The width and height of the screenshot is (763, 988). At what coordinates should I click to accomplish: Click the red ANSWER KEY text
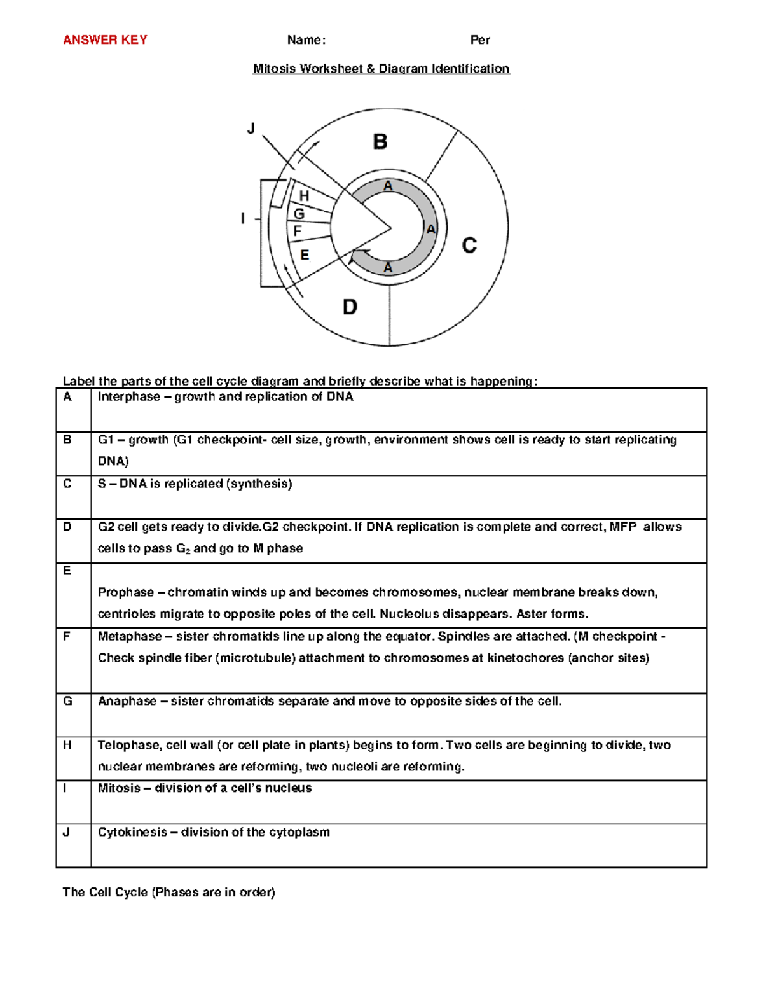click(x=105, y=40)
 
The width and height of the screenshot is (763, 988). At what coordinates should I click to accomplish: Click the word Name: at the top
click(x=306, y=40)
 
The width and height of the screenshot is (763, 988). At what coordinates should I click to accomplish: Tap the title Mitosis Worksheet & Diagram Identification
click(x=381, y=69)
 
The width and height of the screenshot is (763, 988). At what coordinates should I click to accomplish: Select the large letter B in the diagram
click(x=380, y=141)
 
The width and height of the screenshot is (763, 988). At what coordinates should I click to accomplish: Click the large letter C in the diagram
click(x=469, y=246)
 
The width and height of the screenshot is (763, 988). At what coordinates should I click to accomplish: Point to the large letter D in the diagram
click(x=350, y=308)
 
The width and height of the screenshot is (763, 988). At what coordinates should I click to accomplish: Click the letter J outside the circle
click(x=251, y=129)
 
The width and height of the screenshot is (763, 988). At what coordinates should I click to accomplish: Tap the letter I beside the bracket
click(x=243, y=219)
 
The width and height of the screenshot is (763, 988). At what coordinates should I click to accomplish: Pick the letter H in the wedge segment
click(x=304, y=196)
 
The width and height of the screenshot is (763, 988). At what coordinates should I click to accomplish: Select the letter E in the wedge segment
click(x=305, y=255)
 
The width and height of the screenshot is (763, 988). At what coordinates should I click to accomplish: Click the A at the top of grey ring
click(x=388, y=186)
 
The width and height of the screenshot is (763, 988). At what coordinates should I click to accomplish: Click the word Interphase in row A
click(x=128, y=397)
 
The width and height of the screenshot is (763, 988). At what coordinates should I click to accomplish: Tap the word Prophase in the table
click(x=126, y=592)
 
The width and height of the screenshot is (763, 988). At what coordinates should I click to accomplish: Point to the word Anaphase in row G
click(x=127, y=701)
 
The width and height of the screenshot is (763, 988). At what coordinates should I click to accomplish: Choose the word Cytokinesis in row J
click(x=132, y=832)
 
